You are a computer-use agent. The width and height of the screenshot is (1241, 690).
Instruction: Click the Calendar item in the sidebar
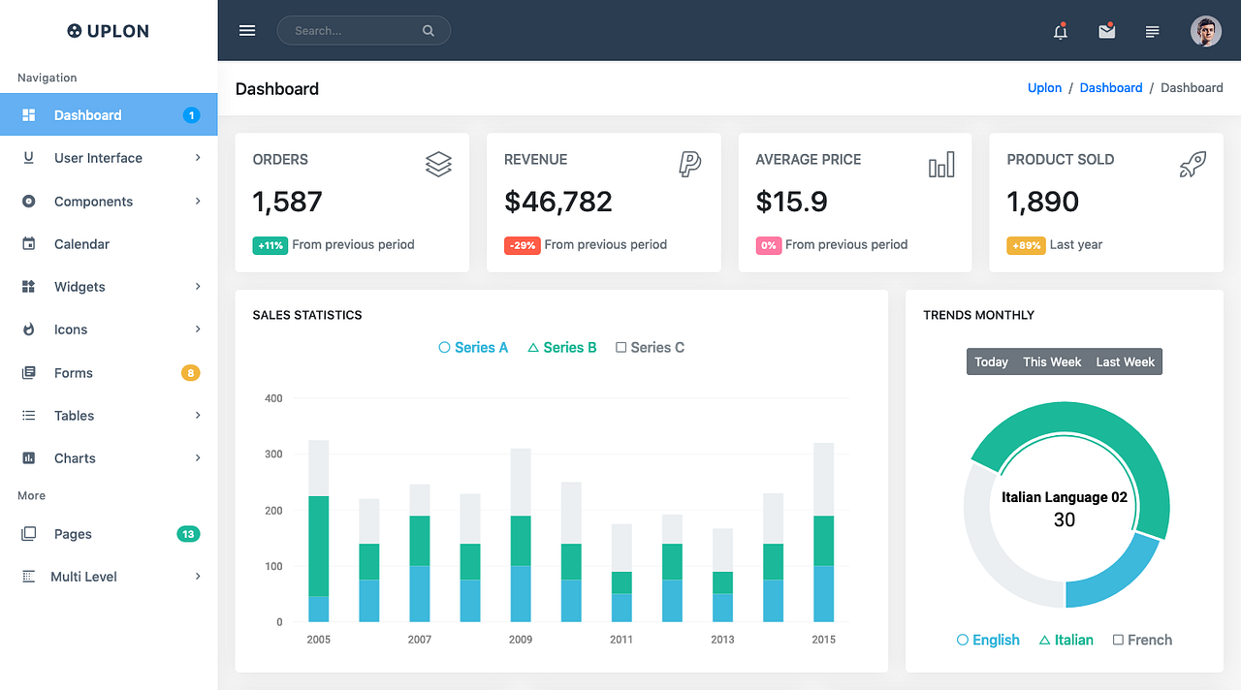[81, 244]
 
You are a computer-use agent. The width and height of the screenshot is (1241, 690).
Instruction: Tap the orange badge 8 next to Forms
[191, 373]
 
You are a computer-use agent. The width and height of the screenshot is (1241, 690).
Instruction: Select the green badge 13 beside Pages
[188, 534]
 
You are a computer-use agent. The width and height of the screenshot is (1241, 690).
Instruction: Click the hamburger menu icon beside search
[247, 31]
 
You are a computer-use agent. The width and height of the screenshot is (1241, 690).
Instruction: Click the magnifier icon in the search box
[429, 31]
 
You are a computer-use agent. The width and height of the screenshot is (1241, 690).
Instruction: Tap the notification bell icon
[1061, 32]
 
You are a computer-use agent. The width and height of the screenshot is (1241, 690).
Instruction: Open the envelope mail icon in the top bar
[1106, 31]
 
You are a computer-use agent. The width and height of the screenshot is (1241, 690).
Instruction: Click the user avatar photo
[1205, 31]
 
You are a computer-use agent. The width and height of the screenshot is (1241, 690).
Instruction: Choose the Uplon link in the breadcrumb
[1044, 88]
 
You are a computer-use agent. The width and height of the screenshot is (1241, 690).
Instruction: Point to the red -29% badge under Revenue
[522, 246]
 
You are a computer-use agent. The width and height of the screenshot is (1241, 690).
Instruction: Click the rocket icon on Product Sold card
[1193, 165]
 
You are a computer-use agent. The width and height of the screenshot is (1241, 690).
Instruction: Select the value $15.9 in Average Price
[791, 202]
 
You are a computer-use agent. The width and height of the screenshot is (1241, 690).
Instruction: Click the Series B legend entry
[562, 348]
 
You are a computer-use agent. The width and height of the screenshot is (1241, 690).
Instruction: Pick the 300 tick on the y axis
[273, 455]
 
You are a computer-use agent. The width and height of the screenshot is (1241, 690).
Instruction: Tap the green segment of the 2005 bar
[318, 546]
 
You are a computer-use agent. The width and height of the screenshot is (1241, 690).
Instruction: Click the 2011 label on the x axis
[621, 640]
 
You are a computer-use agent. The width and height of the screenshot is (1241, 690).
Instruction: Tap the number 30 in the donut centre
[1065, 520]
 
